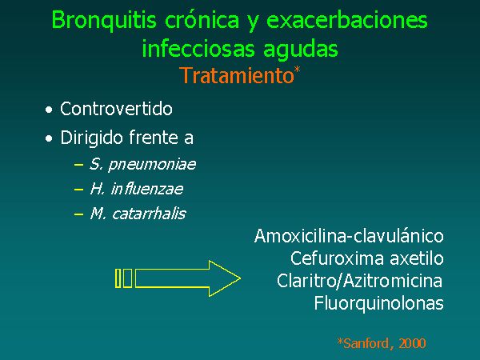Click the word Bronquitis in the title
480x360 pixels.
click(x=104, y=20)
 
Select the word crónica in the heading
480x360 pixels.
click(x=202, y=19)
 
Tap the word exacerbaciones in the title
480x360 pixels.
click(x=347, y=19)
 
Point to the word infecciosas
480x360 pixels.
click(x=198, y=48)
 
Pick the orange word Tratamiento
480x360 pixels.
click(x=237, y=75)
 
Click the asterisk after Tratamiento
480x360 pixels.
click(x=298, y=70)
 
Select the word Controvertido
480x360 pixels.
click(x=116, y=109)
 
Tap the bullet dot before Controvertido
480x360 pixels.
click(x=49, y=110)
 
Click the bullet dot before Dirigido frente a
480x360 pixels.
click(x=49, y=138)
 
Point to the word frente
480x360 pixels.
click(x=154, y=138)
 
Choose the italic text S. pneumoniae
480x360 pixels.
click(x=142, y=165)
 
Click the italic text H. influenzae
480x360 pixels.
click(x=137, y=189)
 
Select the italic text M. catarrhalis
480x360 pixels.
click(x=138, y=214)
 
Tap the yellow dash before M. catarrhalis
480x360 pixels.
click(x=78, y=214)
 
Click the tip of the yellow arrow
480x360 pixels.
click(x=241, y=278)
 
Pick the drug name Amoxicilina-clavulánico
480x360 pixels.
click(x=349, y=236)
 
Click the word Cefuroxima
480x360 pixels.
click(x=337, y=258)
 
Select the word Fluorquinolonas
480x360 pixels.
click(x=379, y=304)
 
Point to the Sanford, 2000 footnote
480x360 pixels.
click(x=382, y=343)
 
